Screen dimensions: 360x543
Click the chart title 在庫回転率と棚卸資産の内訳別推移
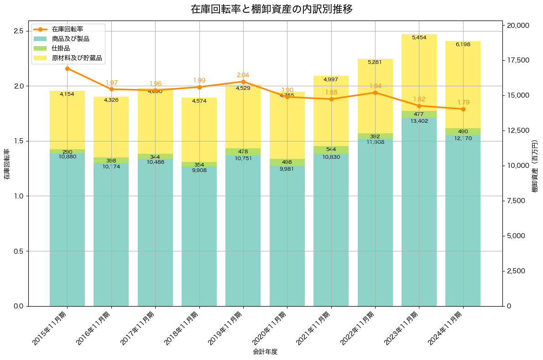[271, 9]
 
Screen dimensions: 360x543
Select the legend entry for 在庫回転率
[67, 29]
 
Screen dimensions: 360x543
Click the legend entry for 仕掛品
[61, 48]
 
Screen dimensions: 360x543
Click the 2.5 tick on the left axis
[18, 31]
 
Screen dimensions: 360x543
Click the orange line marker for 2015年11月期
[67, 68]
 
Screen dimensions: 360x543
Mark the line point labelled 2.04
[243, 82]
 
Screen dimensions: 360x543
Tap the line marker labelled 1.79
[463, 109]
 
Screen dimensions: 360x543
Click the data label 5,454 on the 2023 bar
[419, 37]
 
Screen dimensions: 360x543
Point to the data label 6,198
[463, 44]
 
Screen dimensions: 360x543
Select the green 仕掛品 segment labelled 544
[331, 150]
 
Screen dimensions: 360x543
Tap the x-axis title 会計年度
[265, 352]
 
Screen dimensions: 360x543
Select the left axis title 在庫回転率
[6, 164]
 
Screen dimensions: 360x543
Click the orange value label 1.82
[419, 99]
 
